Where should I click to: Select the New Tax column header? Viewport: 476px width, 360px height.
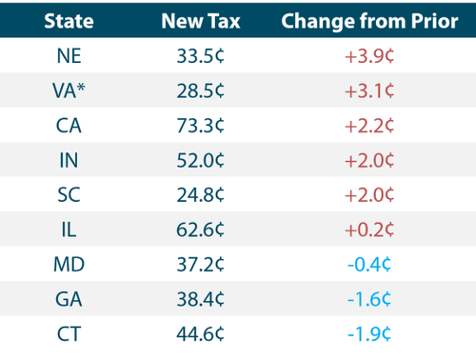(201, 21)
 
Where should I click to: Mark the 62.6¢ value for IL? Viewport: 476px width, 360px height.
(201, 230)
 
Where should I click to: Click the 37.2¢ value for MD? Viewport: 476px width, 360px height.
(201, 267)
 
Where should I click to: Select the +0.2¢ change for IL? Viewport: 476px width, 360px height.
(366, 230)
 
